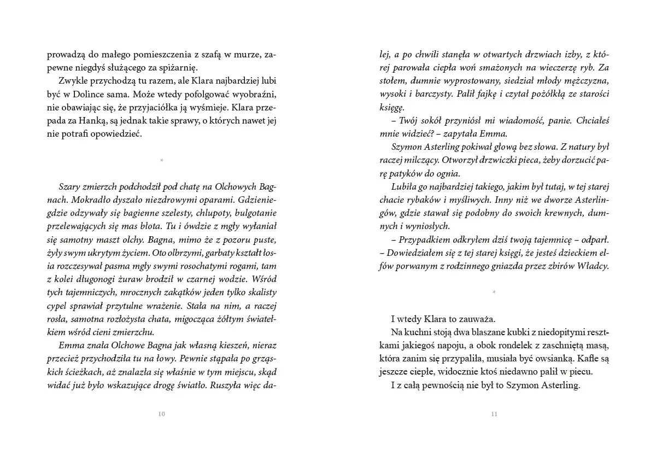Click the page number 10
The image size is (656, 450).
coord(161,414)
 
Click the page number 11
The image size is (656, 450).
coord(494,414)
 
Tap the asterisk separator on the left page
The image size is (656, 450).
coord(161,160)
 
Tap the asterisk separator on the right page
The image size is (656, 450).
coord(494,293)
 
